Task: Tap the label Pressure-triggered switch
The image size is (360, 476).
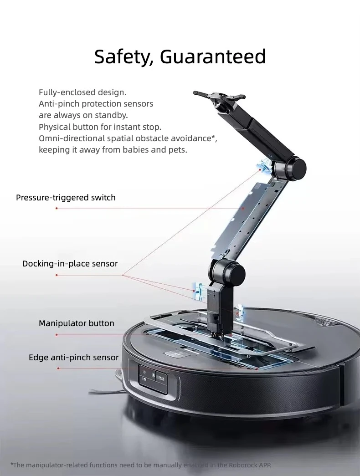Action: [x=66, y=198]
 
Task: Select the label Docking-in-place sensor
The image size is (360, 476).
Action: [x=70, y=263]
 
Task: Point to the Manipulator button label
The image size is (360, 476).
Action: [x=76, y=323]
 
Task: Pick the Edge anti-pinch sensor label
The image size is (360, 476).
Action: [x=73, y=357]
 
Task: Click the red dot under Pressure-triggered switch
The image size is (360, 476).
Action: [x=57, y=208]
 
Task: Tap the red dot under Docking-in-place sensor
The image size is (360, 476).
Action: [x=57, y=275]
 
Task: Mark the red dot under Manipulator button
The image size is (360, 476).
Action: [x=57, y=335]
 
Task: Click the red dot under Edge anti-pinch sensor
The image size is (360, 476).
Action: [x=58, y=369]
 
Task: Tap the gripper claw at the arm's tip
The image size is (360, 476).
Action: [x=219, y=97]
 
